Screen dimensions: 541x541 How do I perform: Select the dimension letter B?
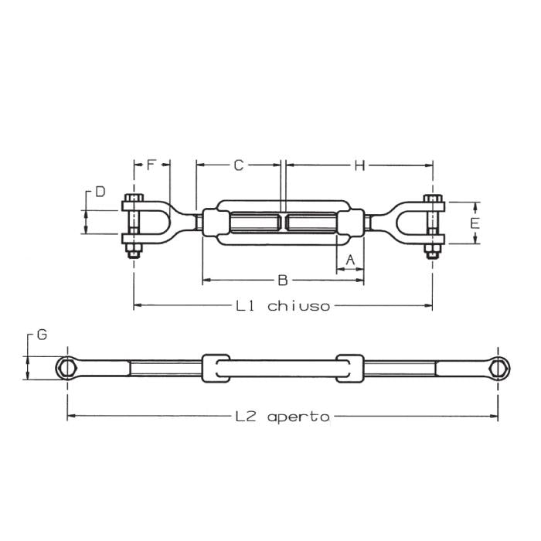[282, 280]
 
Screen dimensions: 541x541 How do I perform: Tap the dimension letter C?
[239, 165]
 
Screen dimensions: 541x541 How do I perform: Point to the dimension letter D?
[100, 192]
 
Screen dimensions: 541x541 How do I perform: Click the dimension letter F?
[151, 165]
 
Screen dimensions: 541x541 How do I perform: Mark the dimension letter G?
[42, 335]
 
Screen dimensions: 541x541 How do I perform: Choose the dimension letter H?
[359, 165]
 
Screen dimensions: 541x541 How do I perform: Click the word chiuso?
[299, 306]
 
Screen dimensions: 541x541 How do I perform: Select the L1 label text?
[246, 306]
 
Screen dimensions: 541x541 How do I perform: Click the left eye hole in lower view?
[67, 367]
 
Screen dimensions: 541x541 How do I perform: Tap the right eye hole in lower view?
[498, 367]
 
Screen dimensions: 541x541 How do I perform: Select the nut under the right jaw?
[433, 250]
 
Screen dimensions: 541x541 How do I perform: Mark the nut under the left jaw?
[134, 250]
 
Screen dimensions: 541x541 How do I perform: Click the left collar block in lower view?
[216, 367]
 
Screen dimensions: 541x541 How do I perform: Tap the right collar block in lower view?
[350, 367]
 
